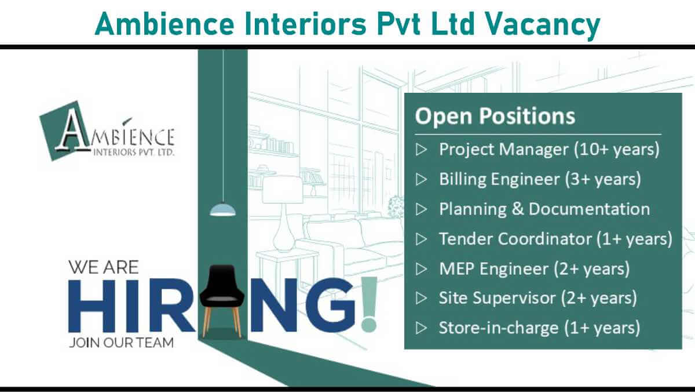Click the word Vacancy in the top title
[x=542, y=25]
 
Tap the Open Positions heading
[x=495, y=116]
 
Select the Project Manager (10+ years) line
[x=549, y=150]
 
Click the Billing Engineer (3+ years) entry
[x=540, y=179]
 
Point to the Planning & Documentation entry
[x=544, y=209]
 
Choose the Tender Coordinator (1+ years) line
[x=555, y=239]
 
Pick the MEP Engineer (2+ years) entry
[x=534, y=268]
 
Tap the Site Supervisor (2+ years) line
[x=537, y=298]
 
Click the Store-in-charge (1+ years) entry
[x=539, y=328]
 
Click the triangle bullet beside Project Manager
[x=421, y=150]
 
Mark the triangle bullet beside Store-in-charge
[x=421, y=328]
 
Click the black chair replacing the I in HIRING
[x=221, y=300]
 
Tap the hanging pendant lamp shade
[x=223, y=210]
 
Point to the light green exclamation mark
[x=370, y=304]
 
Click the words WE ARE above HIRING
[x=104, y=267]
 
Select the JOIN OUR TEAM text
[x=121, y=343]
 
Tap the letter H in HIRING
[x=92, y=306]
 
